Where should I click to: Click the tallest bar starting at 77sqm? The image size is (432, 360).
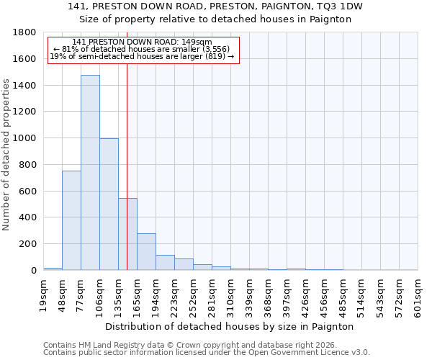coord(90,173)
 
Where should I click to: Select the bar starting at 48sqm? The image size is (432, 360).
coord(71,220)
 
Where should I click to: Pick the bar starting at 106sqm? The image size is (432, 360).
coord(109,204)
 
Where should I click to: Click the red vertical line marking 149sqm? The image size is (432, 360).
coord(127,144)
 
